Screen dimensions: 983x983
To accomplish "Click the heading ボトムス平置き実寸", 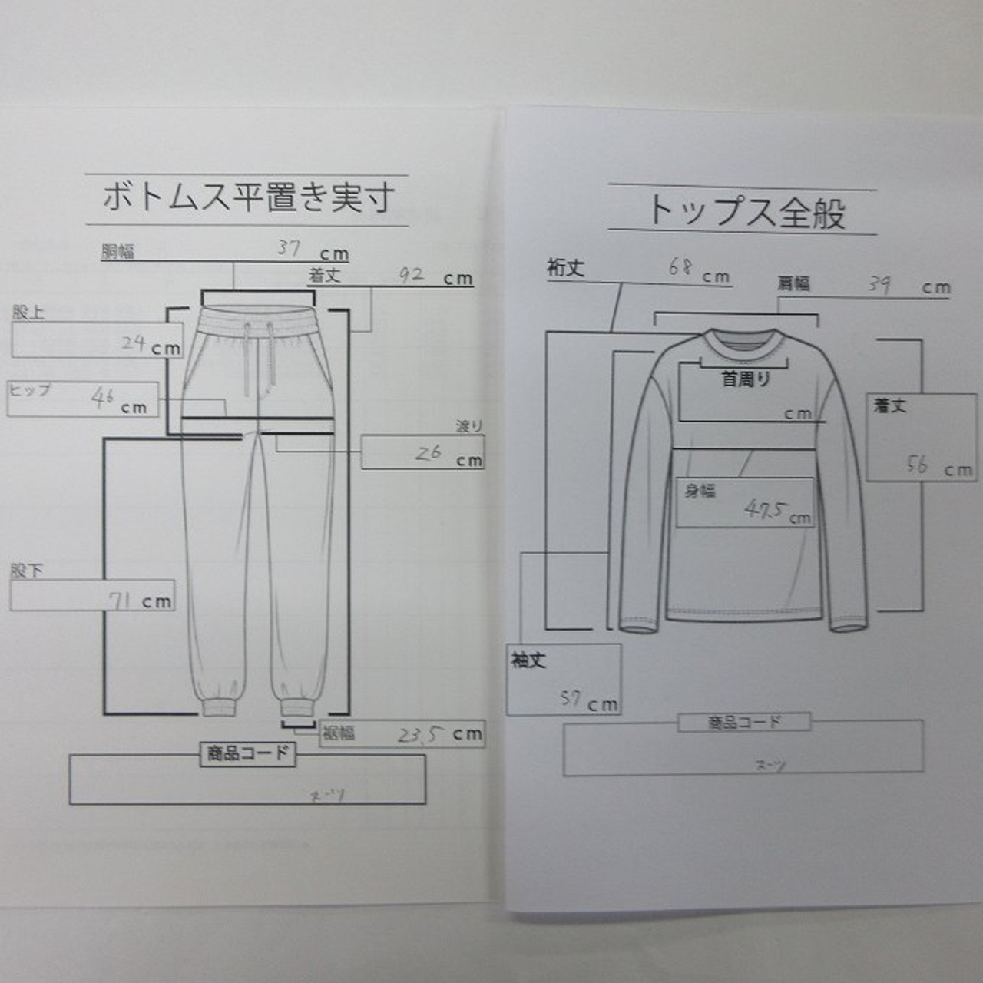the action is (247, 198).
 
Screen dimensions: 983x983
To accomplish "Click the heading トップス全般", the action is (746, 211).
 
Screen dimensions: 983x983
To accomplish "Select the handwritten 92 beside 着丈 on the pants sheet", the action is (411, 274).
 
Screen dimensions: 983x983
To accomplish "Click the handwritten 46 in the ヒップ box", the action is (103, 399).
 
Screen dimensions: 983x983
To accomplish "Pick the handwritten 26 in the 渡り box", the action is (428, 453).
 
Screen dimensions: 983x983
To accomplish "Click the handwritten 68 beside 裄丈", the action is (680, 267).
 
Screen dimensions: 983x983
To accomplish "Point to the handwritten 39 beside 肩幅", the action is (879, 284).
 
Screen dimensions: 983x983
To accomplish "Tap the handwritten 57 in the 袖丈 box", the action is (570, 698).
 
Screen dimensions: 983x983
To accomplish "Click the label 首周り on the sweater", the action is (745, 379).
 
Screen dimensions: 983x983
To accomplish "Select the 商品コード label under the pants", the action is (247, 753).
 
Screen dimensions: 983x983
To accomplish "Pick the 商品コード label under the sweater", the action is (743, 722).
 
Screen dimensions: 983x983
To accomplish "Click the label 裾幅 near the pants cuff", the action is (338, 733).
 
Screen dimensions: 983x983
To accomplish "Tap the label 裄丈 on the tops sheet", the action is (566, 267).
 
